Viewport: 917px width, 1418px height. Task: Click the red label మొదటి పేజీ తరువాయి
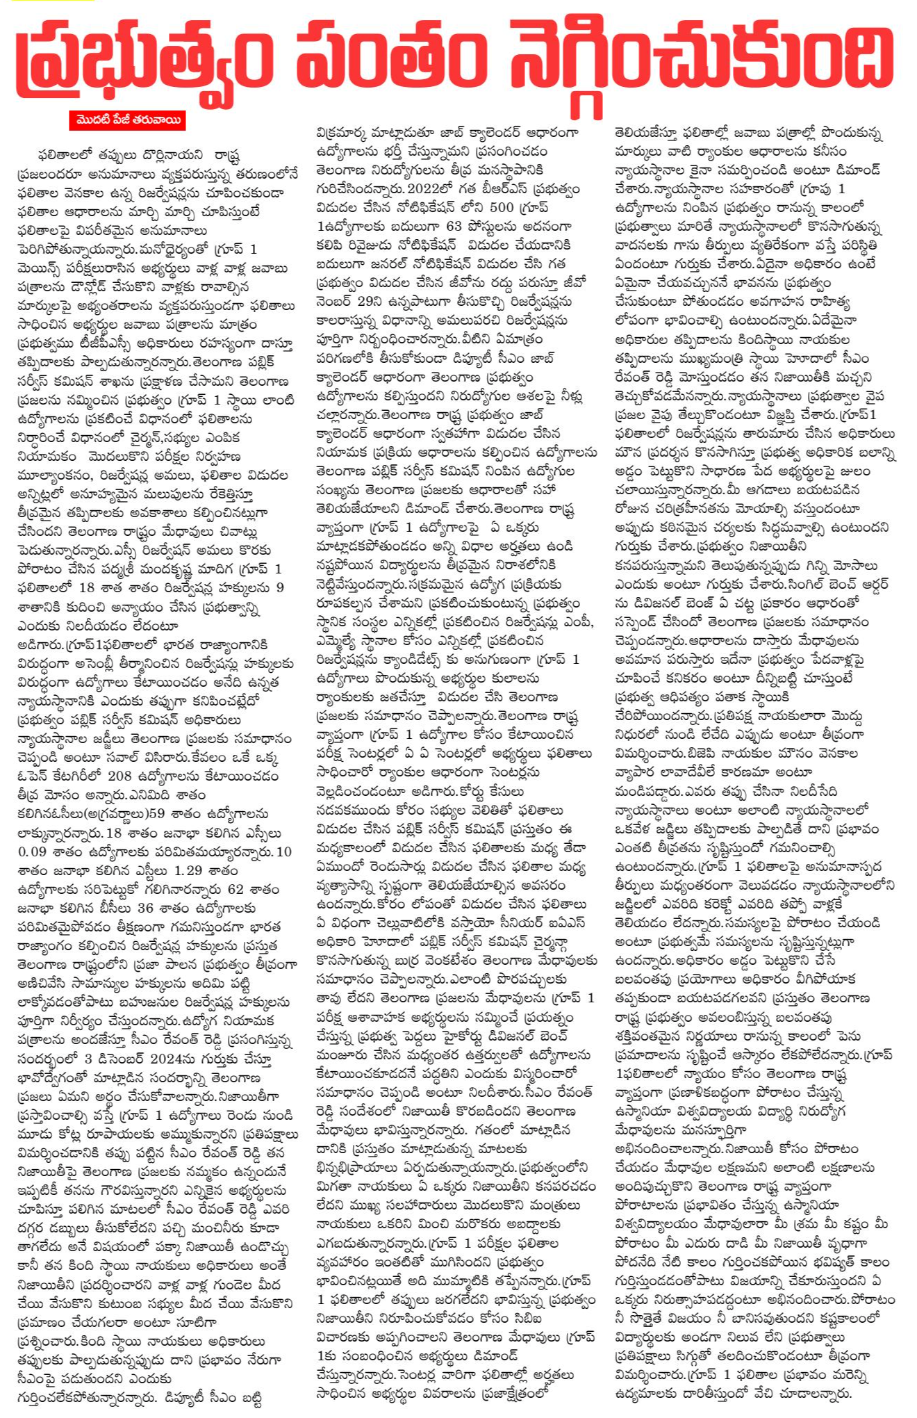click(128, 120)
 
